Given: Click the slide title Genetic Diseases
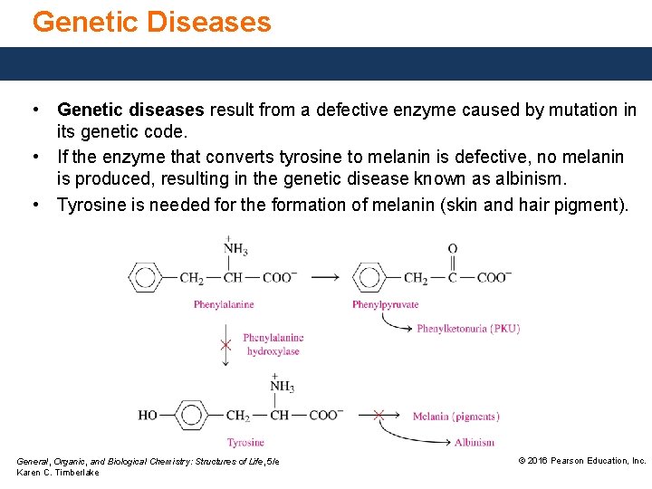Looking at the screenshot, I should point(151,22).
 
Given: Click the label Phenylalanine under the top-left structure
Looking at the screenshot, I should point(223,304).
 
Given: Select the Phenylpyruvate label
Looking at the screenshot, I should point(385,304).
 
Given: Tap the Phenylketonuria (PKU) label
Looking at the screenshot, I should point(468,329).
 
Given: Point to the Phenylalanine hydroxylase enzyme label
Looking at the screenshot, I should point(273,344).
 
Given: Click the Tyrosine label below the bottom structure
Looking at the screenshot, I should point(244,443).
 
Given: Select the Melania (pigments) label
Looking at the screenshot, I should point(455,417).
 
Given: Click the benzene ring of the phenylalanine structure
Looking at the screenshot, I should point(145,277).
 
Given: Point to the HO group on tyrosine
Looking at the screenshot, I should point(148,416).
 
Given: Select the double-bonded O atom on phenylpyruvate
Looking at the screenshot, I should point(452,249).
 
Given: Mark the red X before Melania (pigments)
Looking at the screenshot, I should point(379,416).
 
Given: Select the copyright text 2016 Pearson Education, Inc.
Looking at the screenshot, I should point(581,461).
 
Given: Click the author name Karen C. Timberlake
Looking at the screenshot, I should point(58,474).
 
